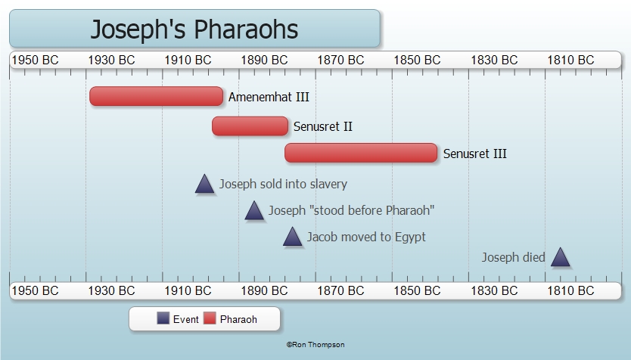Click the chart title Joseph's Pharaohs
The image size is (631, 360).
(194, 29)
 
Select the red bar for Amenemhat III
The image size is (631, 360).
(156, 96)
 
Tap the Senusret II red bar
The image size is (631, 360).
(250, 126)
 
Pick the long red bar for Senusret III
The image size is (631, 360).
(361, 153)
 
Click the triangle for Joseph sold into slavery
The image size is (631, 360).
(204, 185)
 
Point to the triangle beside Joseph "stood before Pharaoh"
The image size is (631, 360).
(254, 211)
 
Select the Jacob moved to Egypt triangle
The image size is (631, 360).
(293, 237)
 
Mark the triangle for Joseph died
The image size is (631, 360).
(560, 257)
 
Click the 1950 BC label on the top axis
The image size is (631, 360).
(35, 61)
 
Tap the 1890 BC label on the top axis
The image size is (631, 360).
(264, 61)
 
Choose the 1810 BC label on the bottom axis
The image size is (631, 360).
(570, 290)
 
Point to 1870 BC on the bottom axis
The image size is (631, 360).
(341, 290)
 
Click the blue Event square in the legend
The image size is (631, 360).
(163, 318)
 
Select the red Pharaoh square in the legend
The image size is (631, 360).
(210, 318)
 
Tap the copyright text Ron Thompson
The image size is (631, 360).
(315, 345)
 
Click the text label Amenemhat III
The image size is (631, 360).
(269, 97)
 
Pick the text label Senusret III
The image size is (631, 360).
(475, 154)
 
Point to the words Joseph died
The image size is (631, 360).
(514, 257)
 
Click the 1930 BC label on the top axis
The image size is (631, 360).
(111, 61)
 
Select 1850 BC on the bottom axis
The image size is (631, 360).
(418, 290)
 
